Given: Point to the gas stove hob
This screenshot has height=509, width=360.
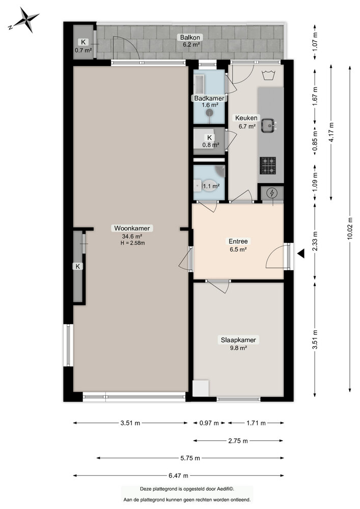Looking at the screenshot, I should pos(268,164).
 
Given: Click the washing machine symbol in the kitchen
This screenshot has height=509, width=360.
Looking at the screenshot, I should pos(269,76).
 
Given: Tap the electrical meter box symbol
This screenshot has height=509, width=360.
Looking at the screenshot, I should pos(272,193).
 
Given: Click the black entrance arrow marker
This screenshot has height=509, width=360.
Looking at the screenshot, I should pos(301,253).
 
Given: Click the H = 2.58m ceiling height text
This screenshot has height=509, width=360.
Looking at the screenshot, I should pos(132,243).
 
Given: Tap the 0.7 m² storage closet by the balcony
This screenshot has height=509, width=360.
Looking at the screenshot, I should pos(83,46).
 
